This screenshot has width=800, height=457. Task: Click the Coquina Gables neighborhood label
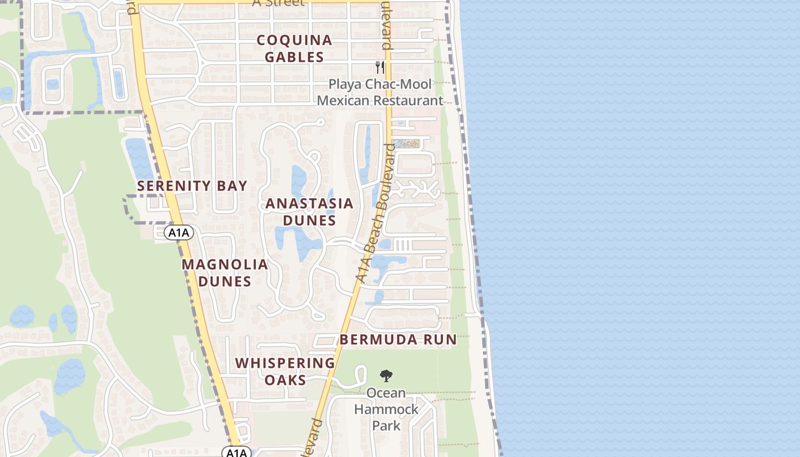[x=294, y=49]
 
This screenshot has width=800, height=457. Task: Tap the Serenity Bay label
[x=192, y=186]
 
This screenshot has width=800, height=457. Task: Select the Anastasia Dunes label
[x=309, y=212]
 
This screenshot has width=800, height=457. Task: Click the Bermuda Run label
[x=398, y=339]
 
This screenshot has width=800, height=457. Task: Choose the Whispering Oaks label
[x=285, y=371]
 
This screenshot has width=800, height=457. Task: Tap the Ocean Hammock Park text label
[x=386, y=409]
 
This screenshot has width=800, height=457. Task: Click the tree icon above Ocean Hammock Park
[x=386, y=375]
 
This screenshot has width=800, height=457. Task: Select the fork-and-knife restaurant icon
[x=380, y=67]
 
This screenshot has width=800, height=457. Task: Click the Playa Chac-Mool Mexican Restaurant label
[x=380, y=93]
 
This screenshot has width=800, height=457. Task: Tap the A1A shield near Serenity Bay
[x=179, y=232]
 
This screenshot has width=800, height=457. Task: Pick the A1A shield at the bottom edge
[x=236, y=452]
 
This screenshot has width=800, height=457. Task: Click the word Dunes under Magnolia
[x=225, y=281]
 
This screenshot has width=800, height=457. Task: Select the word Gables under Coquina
[x=294, y=57]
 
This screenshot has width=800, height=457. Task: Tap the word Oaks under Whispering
[x=285, y=380]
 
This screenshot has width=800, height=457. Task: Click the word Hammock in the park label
[x=386, y=410]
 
